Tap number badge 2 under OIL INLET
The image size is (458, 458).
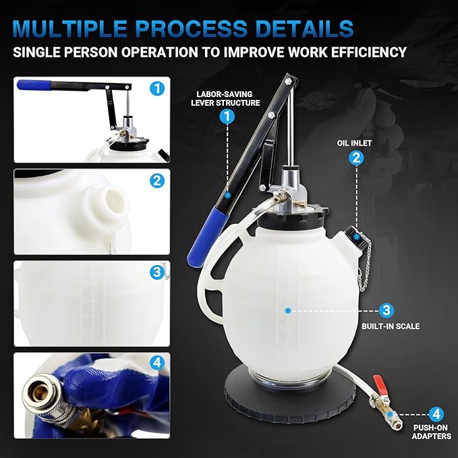[355, 158]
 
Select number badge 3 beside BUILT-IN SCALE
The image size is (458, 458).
[386, 310]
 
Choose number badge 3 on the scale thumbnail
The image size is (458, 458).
[156, 273]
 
